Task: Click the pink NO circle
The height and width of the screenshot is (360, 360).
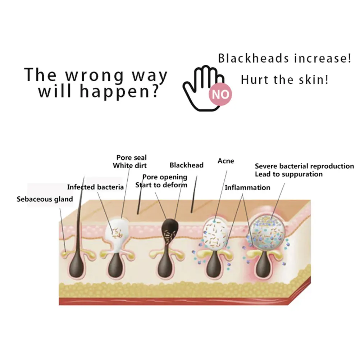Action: point(221,94)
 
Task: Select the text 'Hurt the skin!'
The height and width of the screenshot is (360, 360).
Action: point(284,79)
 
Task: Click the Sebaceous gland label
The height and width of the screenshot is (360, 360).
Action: point(45,199)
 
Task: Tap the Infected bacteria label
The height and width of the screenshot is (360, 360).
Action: point(95,187)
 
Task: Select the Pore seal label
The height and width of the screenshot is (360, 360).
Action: point(131,158)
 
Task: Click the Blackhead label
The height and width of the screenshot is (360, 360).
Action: point(186,165)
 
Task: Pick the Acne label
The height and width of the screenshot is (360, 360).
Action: point(225,161)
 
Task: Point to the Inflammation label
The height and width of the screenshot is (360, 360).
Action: point(247,187)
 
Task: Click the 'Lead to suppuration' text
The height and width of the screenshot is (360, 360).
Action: point(289,174)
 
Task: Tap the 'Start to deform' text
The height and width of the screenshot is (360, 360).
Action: point(161,185)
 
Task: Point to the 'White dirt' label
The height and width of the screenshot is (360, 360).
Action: point(130,165)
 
